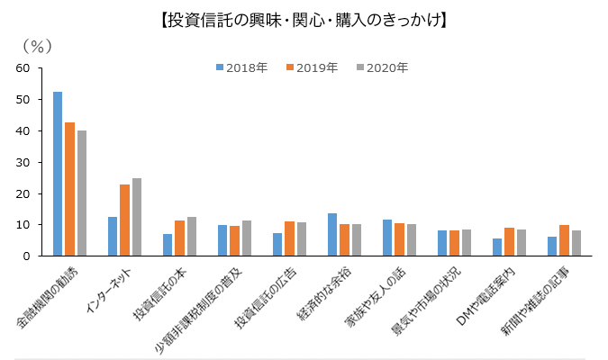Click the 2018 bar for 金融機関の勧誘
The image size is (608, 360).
(x=58, y=174)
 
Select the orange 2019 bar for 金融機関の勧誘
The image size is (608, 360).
(x=69, y=189)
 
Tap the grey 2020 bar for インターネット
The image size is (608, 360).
(x=136, y=217)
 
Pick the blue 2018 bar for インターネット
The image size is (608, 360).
(x=113, y=237)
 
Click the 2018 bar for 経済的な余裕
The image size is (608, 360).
(x=332, y=235)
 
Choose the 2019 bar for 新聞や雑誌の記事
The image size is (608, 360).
(x=564, y=240)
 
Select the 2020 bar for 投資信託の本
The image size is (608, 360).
(x=191, y=237)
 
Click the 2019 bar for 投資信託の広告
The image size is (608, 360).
(x=289, y=238)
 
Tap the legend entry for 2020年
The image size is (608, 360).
(x=386, y=67)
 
